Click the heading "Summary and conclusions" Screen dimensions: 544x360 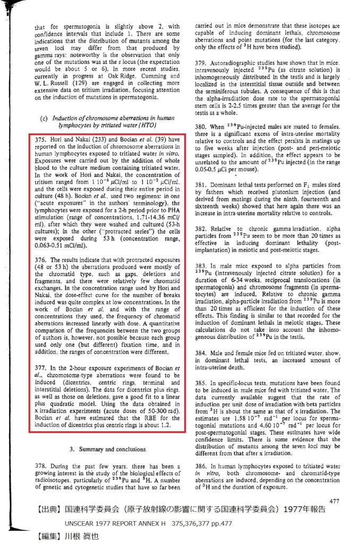tap(112, 449)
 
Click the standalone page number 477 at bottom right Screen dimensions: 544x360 tap(334, 500)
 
